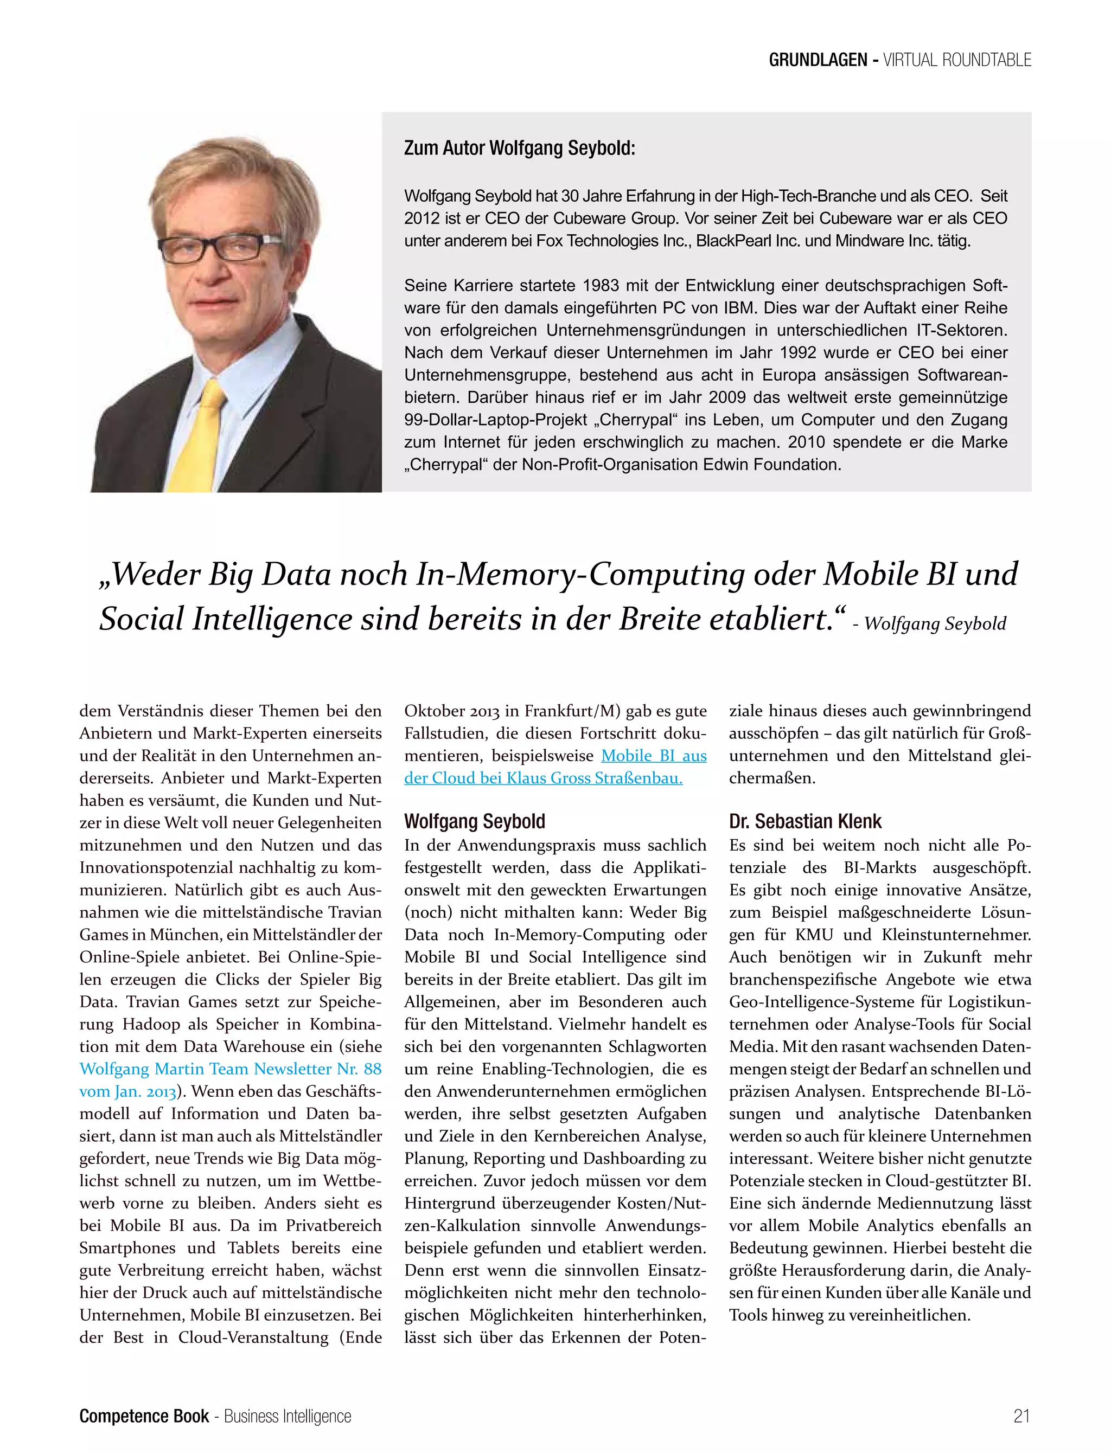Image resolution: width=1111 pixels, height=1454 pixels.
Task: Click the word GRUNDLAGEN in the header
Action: point(818,60)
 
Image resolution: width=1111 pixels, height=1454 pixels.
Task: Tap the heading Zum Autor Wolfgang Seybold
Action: point(519,148)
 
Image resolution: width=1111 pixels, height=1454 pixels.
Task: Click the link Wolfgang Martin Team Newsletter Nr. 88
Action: point(230,1069)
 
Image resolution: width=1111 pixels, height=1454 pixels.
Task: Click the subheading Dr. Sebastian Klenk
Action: point(805,821)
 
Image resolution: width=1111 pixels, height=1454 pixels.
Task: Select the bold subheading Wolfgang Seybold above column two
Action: point(474,821)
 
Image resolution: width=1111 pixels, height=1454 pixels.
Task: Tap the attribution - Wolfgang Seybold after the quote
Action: point(929,623)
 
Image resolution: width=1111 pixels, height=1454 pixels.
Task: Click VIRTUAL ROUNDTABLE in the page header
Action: point(957,60)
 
